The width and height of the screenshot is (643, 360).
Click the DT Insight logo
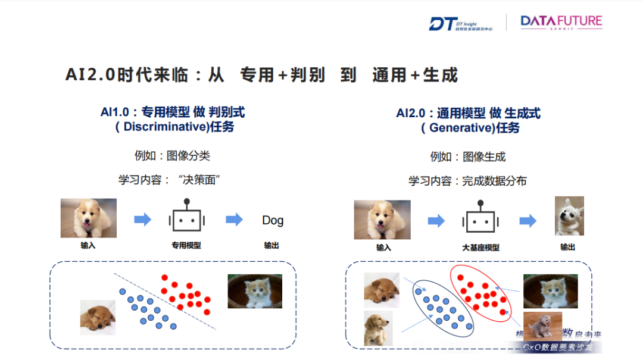460,23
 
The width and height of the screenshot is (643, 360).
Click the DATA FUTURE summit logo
561,23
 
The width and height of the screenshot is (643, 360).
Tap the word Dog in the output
273,220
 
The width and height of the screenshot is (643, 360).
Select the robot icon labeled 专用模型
186,218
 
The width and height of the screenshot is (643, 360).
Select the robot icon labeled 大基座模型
480,218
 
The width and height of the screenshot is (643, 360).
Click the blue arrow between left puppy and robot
142,220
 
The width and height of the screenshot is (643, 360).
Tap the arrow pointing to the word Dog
234,220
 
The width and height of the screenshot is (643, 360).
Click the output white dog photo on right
569,216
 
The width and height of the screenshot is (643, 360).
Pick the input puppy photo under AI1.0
88,218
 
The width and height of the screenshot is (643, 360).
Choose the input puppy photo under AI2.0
383,220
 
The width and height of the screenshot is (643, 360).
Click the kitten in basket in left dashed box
254,291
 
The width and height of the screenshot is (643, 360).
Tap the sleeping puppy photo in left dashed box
98,317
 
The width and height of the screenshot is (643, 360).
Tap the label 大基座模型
480,247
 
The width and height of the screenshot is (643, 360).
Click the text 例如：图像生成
467,156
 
